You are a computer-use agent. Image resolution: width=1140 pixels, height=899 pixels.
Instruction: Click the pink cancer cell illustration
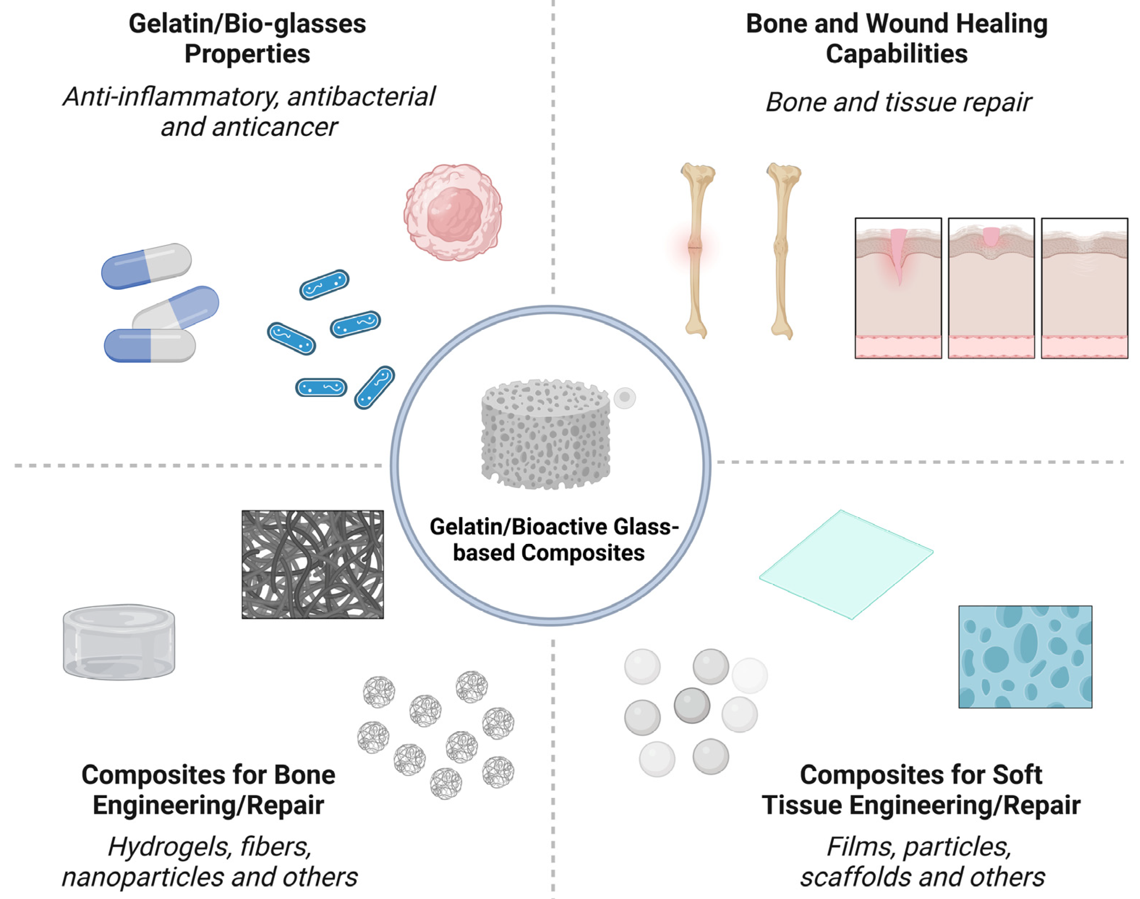pos(453,212)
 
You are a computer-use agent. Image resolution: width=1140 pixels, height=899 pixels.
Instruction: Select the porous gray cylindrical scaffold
pos(546,434)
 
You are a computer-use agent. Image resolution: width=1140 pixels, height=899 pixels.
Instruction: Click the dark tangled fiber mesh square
pos(313,564)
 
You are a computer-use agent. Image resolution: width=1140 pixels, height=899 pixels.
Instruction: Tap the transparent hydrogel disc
pos(119,642)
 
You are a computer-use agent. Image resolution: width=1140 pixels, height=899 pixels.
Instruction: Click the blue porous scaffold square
pos(1025,657)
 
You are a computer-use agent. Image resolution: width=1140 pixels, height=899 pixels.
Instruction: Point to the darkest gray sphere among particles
pos(692,705)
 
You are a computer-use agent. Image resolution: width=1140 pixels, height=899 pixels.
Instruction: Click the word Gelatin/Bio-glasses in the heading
pos(247,24)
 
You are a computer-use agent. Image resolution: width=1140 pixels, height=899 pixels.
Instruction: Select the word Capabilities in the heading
pos(897,54)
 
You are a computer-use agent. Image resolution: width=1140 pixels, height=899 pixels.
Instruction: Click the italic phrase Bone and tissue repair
pos(898,102)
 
